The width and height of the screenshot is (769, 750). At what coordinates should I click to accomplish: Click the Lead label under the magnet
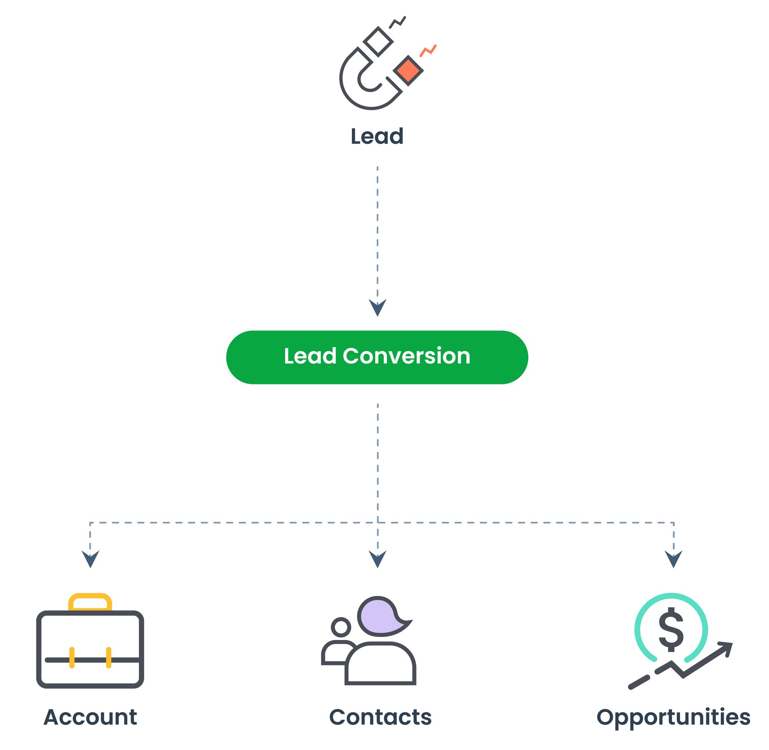[377, 136]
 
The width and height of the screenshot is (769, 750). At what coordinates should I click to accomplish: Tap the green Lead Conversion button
[377, 357]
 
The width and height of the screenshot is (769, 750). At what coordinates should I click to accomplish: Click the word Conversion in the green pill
[406, 356]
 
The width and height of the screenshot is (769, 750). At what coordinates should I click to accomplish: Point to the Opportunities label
[673, 718]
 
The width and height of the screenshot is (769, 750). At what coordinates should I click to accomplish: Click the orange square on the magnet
[408, 70]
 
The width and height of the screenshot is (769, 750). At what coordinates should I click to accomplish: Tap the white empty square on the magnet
[378, 41]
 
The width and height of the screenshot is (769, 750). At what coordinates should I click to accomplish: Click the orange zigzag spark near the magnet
[428, 50]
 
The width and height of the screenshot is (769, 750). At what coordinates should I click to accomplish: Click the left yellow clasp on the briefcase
[72, 657]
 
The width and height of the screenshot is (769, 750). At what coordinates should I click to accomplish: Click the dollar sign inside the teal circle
[671, 630]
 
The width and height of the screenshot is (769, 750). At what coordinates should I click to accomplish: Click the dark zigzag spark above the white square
[398, 22]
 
